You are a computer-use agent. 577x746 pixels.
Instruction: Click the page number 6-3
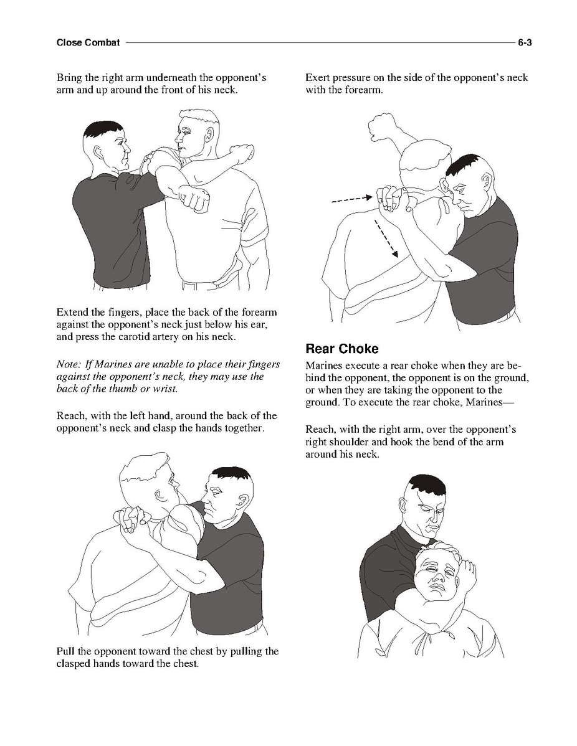click(x=525, y=43)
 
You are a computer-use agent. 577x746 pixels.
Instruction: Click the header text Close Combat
click(x=88, y=43)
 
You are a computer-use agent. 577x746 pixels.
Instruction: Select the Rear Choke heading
click(x=342, y=349)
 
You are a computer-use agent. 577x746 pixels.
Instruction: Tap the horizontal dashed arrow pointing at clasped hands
click(x=351, y=199)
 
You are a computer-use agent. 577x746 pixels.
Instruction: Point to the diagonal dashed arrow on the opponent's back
click(x=386, y=238)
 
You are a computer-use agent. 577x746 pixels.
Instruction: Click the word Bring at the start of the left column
click(x=70, y=78)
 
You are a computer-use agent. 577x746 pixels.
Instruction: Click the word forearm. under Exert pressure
click(x=364, y=90)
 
